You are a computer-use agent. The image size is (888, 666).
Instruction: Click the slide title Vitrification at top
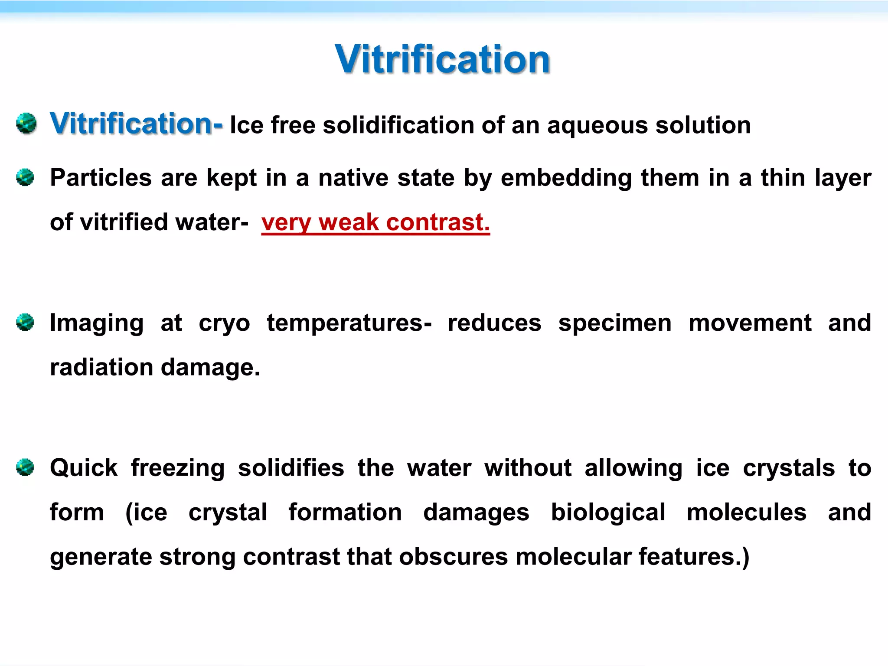[x=442, y=59]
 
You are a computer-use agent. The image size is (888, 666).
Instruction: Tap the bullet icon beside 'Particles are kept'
[x=25, y=177]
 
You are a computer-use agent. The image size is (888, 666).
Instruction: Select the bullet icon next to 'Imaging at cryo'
[x=25, y=322]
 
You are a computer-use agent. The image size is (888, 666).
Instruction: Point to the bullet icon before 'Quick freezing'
[x=25, y=467]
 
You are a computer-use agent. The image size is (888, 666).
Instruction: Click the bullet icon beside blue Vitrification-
[x=26, y=124]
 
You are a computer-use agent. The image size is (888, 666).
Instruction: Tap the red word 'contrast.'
[x=438, y=222]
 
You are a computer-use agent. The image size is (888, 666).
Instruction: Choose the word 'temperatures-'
[x=349, y=323]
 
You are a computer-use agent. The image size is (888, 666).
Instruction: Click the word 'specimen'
[x=615, y=323]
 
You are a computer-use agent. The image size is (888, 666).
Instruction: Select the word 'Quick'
[x=84, y=468]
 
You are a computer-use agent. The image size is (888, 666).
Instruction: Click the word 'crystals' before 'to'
[x=789, y=468]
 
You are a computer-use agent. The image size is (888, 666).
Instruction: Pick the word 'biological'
[x=608, y=513]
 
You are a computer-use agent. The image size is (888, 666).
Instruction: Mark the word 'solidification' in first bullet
[x=398, y=126]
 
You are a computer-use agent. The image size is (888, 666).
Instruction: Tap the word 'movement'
[x=750, y=323]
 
